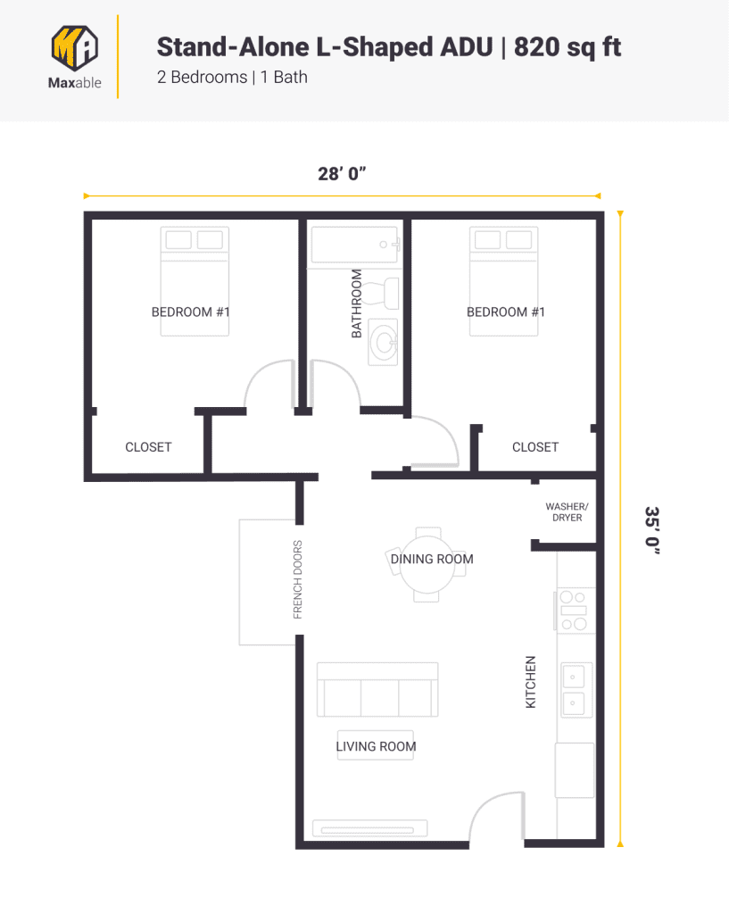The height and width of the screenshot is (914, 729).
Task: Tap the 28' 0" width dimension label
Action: click(x=343, y=174)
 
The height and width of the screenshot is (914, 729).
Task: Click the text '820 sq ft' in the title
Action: click(x=567, y=46)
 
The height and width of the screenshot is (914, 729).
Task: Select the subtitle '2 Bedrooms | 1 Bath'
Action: click(x=232, y=78)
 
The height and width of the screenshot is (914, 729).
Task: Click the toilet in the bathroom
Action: click(x=387, y=291)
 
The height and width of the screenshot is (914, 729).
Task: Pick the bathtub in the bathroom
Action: click(x=354, y=244)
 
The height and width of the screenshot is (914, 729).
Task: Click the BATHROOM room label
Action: click(x=357, y=303)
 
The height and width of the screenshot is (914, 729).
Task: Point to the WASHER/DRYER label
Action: click(x=567, y=511)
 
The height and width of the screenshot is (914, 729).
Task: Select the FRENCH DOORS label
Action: click(x=298, y=579)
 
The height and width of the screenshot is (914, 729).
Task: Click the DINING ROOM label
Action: click(x=432, y=560)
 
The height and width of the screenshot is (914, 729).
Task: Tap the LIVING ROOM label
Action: click(x=376, y=746)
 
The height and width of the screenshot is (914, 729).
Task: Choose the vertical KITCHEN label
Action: click(x=531, y=683)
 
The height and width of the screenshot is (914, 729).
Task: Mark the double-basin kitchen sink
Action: click(x=574, y=690)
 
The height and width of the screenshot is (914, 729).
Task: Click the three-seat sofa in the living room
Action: click(x=377, y=689)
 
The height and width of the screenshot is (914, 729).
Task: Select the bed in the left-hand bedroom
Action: click(x=195, y=281)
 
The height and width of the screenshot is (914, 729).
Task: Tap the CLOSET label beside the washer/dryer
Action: click(x=535, y=447)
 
